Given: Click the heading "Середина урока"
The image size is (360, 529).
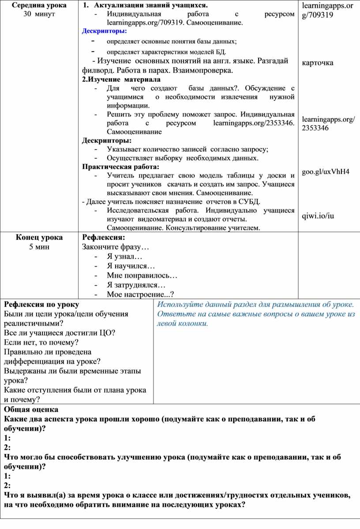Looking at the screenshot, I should click(x=39, y=5).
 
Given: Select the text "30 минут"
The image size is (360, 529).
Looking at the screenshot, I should click(x=39, y=14).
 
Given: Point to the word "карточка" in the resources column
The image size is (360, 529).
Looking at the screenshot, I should click(x=318, y=62).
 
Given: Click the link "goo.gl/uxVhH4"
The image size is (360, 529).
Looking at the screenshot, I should click(x=326, y=171).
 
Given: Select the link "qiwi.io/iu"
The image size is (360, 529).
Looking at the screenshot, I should click(x=318, y=215).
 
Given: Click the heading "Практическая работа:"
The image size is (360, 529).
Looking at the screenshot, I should click(x=120, y=166).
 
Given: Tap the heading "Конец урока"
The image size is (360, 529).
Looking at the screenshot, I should click(x=39, y=237).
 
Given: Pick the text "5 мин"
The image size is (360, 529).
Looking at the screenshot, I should click(x=39, y=246).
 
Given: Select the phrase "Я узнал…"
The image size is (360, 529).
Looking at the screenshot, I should click(x=124, y=257).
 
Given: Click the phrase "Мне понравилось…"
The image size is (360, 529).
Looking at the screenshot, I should click(x=142, y=276).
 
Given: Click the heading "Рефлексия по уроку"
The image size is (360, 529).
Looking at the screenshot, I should click(x=41, y=305).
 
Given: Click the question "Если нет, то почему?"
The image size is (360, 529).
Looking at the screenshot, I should click(x=41, y=342).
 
